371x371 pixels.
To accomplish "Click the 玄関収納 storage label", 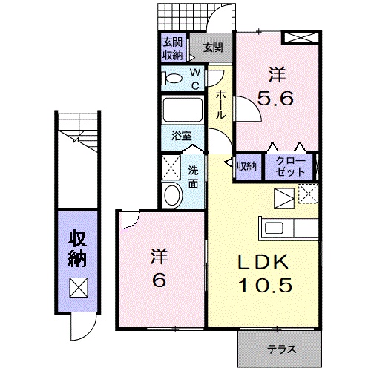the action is click(x=173, y=49).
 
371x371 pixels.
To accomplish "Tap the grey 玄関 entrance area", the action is click(x=211, y=47).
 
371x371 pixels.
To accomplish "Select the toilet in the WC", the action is click(x=171, y=79).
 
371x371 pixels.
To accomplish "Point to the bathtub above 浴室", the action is click(x=183, y=110).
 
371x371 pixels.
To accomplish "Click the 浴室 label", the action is click(x=182, y=136).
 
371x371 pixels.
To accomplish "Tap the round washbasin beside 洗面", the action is click(x=173, y=194).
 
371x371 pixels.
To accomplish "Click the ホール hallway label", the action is click(x=220, y=105).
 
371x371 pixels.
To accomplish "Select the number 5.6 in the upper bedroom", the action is click(x=275, y=99).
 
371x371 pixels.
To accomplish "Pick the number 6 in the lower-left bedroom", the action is click(x=159, y=280).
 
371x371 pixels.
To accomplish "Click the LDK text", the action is click(x=263, y=261).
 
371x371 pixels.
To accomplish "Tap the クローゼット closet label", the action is click(x=289, y=167).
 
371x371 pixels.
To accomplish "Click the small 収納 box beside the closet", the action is click(x=247, y=167).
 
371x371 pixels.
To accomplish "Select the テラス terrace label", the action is click(x=282, y=349).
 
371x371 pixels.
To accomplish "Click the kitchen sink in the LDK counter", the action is click(x=274, y=228).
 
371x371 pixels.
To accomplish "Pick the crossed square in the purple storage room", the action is click(x=79, y=287).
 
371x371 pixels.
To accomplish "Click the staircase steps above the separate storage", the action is click(x=79, y=132).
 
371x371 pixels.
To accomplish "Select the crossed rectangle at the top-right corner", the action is click(x=301, y=38).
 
